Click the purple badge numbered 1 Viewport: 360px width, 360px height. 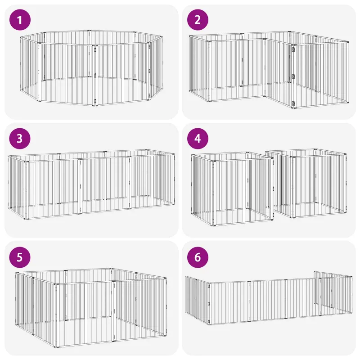(x=20, y=20)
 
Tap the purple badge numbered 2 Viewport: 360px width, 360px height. (x=198, y=20)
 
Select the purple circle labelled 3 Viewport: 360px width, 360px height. (x=20, y=139)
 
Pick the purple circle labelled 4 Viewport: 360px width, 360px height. (x=198, y=139)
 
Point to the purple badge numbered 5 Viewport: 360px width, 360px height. (x=20, y=257)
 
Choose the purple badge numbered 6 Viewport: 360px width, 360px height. (x=198, y=257)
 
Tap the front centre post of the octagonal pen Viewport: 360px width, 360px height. (x=95, y=76)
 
